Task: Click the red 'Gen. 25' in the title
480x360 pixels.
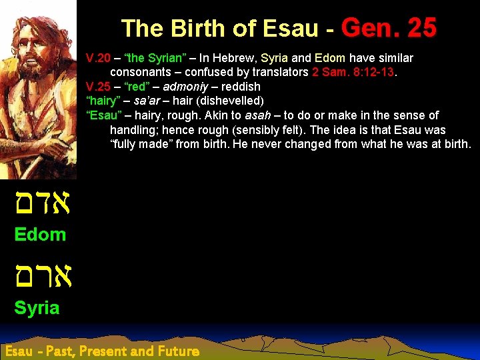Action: point(389,28)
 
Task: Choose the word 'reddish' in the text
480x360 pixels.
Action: point(241,87)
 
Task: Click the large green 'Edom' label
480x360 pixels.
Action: point(40,234)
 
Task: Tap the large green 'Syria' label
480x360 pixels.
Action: point(37,307)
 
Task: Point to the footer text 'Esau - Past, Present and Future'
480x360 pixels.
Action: point(101,351)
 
